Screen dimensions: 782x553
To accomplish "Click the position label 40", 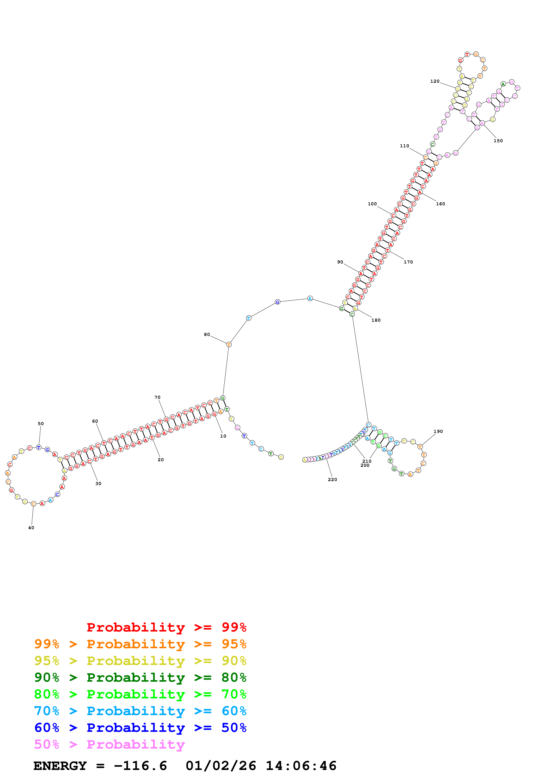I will coord(31,528).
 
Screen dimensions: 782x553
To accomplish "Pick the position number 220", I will coord(332,479).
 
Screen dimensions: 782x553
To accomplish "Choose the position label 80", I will coord(207,334).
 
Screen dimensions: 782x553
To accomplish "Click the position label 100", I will coord(372,204).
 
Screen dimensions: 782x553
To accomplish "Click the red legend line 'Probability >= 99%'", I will coord(166,627).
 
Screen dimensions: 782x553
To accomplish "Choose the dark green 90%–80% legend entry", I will coord(140,677).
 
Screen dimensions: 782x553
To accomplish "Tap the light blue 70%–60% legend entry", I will coord(140,711).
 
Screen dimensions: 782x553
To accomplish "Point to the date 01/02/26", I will coord(221,766).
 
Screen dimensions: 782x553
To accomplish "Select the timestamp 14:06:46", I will coord(301,766).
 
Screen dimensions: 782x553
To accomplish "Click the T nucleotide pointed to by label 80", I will coord(229,344).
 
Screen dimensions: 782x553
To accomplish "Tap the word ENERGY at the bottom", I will coord(60,766).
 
